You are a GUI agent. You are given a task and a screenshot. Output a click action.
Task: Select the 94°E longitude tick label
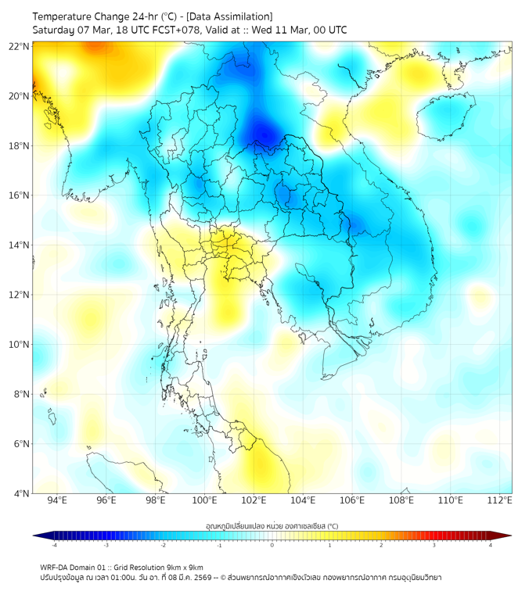(x=57, y=500)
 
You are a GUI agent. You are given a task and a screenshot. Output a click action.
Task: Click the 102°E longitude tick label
(x=254, y=500)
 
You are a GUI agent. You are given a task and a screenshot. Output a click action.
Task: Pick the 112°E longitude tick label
(x=500, y=500)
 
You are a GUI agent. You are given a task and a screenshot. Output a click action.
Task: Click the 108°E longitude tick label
(x=401, y=500)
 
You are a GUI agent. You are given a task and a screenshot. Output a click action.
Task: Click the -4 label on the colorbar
(x=53, y=545)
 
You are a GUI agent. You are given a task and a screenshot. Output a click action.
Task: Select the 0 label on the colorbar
(x=272, y=545)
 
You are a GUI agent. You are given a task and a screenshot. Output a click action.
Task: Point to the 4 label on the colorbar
(x=491, y=545)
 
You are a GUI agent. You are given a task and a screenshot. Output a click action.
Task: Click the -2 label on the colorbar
(x=163, y=545)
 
